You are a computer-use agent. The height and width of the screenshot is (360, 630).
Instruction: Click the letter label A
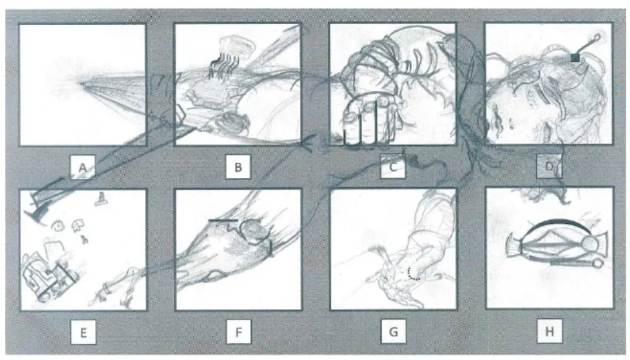83,167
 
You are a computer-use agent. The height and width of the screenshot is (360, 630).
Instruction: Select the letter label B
238,167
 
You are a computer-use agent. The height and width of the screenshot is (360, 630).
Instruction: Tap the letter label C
393,166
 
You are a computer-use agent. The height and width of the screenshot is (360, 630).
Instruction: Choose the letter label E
84,333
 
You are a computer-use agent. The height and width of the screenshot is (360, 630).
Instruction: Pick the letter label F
239,332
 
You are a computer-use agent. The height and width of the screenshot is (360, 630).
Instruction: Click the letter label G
394,332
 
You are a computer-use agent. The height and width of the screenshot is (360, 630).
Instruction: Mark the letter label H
549,332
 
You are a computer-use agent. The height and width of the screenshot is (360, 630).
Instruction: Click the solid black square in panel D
575,57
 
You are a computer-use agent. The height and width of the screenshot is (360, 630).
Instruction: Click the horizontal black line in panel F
223,221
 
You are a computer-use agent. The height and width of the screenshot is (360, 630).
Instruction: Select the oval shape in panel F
255,232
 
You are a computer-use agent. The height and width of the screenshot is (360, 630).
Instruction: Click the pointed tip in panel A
81,84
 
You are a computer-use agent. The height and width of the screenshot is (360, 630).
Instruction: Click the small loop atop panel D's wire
596,38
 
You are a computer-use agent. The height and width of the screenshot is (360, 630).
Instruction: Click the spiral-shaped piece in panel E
59,226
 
